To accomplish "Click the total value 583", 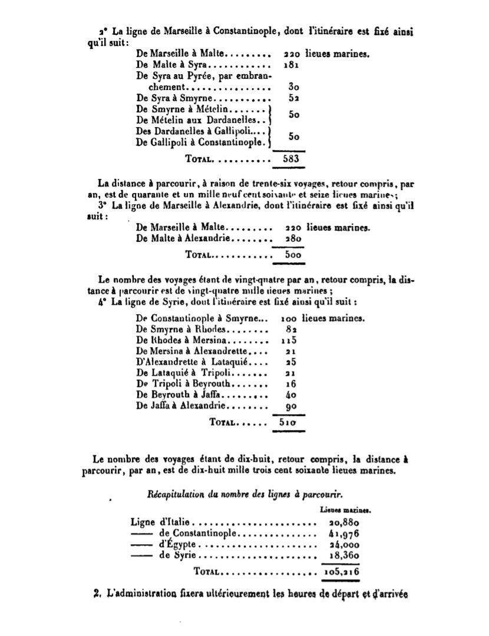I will [x=291, y=158].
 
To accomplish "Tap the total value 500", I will [x=290, y=255].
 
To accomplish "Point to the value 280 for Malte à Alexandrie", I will [x=290, y=239].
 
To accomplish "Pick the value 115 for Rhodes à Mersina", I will [x=290, y=341].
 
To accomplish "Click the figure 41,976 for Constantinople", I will [x=342, y=534].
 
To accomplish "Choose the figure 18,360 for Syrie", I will [x=342, y=556].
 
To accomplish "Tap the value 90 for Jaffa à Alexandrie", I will [x=290, y=407].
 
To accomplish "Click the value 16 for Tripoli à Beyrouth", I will [x=290, y=384].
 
